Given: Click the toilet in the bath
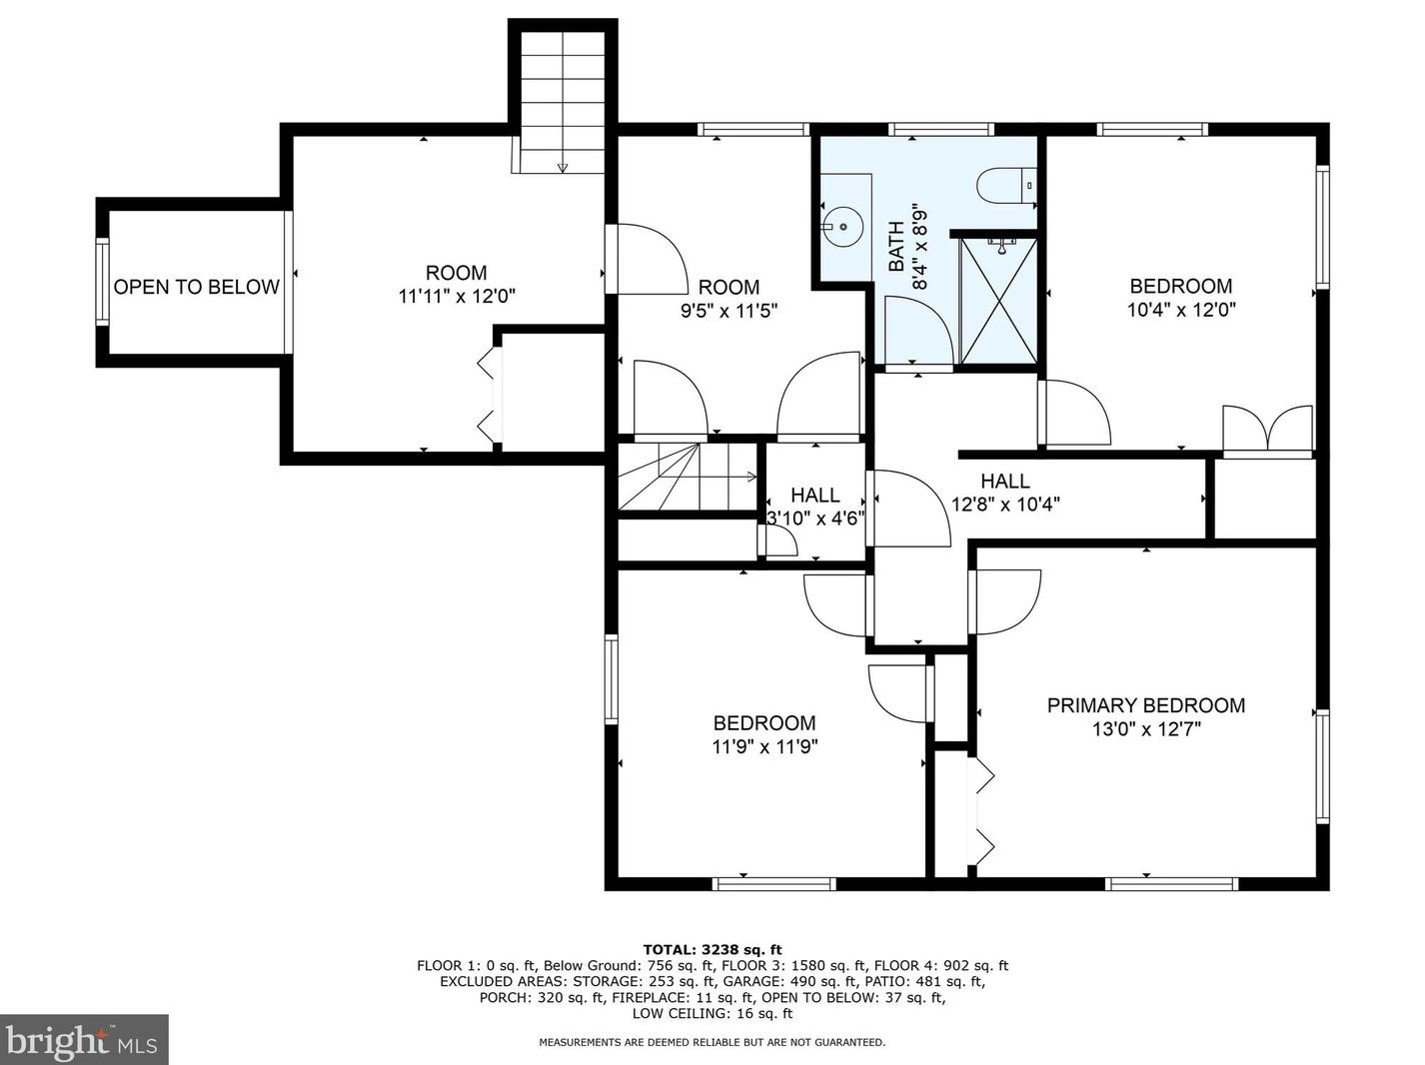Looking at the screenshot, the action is (x=1006, y=186).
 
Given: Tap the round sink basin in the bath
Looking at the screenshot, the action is (x=842, y=227).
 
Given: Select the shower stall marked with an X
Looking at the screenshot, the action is (x=998, y=301).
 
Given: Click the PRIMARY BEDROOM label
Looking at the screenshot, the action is (x=1146, y=705).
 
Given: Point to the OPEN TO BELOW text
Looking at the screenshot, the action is (x=196, y=287).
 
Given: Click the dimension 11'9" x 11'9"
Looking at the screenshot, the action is (x=764, y=747).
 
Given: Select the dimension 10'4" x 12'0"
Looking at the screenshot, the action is (x=1181, y=310).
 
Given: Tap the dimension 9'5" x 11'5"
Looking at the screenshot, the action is (x=728, y=311).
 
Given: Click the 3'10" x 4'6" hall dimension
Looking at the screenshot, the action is (x=816, y=519).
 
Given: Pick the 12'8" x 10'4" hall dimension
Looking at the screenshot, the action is (x=1005, y=505).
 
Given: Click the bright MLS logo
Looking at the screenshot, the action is (x=84, y=1040).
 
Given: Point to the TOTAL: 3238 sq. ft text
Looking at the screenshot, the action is (x=712, y=950).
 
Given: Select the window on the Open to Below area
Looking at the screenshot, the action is (x=102, y=282).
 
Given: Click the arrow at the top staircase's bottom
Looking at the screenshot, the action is (x=563, y=168).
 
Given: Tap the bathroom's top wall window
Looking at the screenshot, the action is (x=940, y=129).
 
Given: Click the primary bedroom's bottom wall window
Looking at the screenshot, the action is (x=1171, y=884).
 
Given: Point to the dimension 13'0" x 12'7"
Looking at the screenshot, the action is (x=1146, y=729).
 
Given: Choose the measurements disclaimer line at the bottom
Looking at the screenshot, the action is (x=712, y=1042).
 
